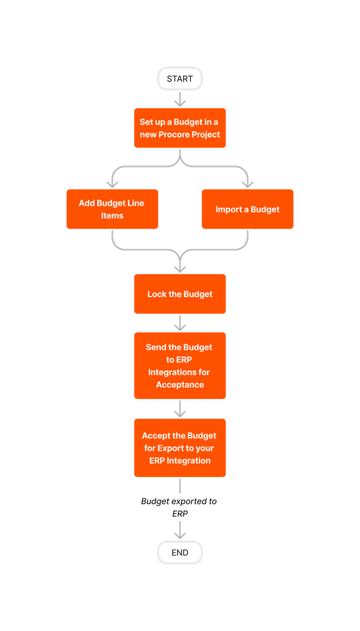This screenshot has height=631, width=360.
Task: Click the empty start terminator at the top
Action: click(179, 79)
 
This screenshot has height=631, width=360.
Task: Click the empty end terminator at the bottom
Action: click(179, 552)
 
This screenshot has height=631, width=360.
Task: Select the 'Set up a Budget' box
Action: click(179, 128)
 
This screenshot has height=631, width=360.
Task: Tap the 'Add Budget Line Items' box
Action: click(112, 209)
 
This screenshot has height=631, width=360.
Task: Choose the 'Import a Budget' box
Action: click(247, 209)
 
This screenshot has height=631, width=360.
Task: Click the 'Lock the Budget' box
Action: click(179, 294)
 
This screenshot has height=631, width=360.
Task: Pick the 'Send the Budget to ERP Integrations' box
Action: click(179, 366)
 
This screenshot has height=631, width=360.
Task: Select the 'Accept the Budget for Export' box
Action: click(179, 448)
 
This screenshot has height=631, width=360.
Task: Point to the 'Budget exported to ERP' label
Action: click(179, 507)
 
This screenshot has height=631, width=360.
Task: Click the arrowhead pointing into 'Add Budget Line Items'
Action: click(112, 183)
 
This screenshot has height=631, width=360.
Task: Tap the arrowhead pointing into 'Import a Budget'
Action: click(248, 183)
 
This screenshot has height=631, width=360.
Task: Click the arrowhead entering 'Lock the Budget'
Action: click(180, 268)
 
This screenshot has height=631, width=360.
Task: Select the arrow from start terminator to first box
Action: click(180, 99)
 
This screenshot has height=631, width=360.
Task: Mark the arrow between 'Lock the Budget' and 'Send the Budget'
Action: click(180, 323)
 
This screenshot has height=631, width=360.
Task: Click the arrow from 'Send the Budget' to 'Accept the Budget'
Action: click(180, 409)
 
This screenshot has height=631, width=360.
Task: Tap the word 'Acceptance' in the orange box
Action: click(179, 385)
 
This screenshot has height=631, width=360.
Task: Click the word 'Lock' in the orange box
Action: click(157, 294)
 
